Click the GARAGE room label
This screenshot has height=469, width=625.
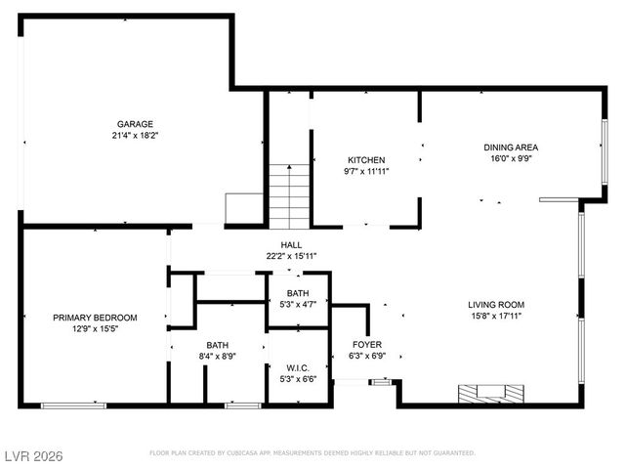pos(136,124)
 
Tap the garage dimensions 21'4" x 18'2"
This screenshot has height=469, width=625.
pos(136,136)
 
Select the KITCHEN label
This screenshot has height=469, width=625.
pos(366,160)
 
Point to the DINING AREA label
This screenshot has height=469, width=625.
pos(511,148)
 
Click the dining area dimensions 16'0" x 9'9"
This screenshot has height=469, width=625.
pos(511,159)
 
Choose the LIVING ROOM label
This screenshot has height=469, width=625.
pos(496,304)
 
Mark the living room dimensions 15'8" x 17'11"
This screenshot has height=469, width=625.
pos(496,316)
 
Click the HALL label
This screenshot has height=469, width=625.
pos(291,245)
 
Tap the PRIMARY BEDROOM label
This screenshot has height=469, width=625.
pos(95,318)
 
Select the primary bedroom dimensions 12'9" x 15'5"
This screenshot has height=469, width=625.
pos(95,329)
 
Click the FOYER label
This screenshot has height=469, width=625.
pos(367,345)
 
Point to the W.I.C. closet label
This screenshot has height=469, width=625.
pos(299,367)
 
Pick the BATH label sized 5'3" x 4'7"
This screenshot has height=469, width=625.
pos(299,293)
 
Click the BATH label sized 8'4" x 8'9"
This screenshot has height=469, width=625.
pos(217,345)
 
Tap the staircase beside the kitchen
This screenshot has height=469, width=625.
pos(289,196)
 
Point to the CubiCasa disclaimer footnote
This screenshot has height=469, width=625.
pos(312,453)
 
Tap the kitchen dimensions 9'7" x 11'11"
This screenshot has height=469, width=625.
pos(366,172)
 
